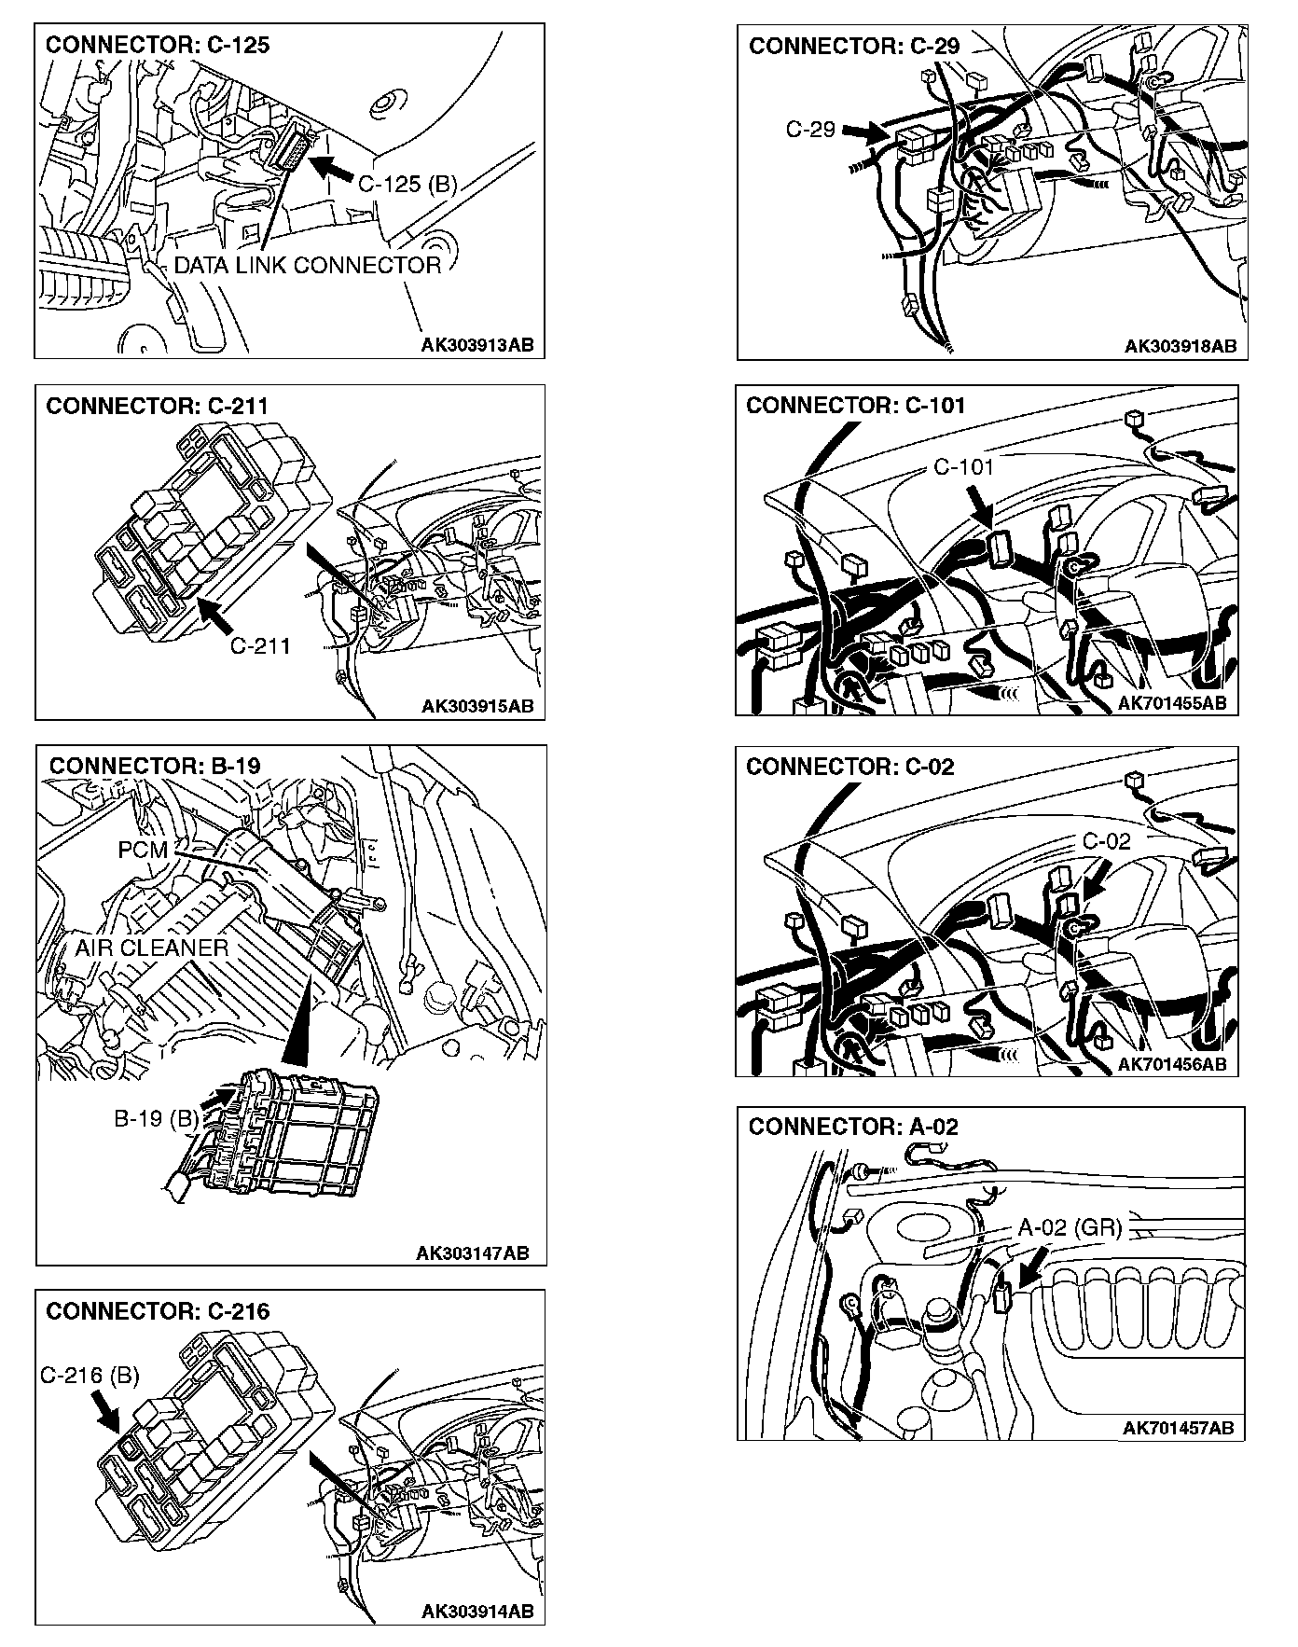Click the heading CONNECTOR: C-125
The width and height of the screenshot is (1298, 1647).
[x=158, y=45]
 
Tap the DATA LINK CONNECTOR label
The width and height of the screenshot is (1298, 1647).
[x=308, y=266]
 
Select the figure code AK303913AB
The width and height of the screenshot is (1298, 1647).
[x=477, y=345]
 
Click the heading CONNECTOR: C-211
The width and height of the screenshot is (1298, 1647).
[x=157, y=406]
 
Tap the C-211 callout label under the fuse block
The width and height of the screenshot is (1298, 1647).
[x=260, y=645]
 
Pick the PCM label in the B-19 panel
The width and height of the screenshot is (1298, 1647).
[x=143, y=850]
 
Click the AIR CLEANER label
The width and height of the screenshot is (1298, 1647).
[x=152, y=948]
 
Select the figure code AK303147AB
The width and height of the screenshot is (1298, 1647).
[x=472, y=1253]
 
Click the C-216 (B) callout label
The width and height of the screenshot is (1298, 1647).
[x=90, y=1376]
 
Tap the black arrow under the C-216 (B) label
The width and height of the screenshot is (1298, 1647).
[x=104, y=1412]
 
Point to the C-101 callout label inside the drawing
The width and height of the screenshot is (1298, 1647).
[x=964, y=466]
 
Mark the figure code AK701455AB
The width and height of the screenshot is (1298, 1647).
[x=1171, y=703]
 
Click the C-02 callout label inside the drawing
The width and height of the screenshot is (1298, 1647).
[x=1106, y=841]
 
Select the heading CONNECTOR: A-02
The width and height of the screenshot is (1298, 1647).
[x=852, y=1127]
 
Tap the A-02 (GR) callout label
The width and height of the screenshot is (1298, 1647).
[x=1069, y=1227]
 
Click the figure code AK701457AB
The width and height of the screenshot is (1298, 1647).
[x=1178, y=1427]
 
